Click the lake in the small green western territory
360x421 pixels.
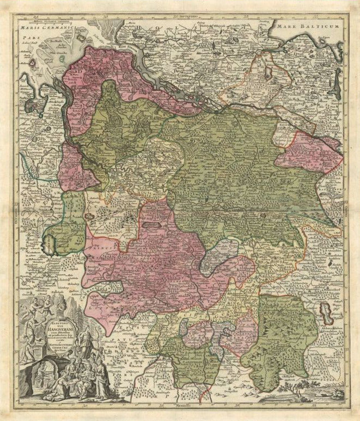53,238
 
